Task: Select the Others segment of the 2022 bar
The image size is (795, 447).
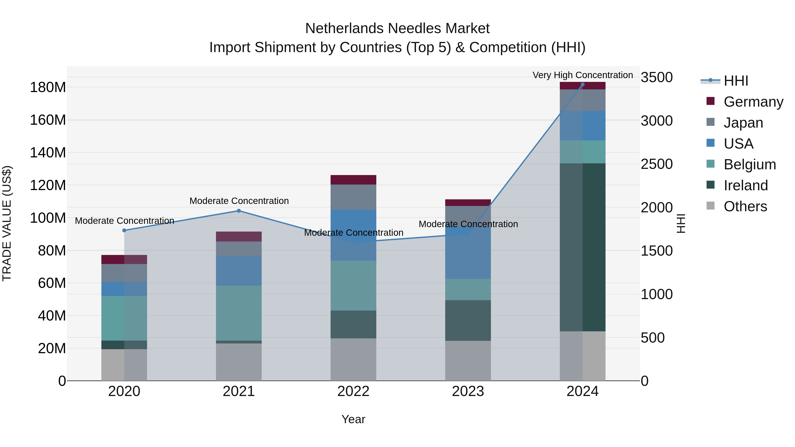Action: (353, 359)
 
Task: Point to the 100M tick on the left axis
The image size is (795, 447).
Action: (48, 218)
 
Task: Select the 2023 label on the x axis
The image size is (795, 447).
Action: (468, 391)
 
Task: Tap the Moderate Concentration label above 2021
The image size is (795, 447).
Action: (239, 201)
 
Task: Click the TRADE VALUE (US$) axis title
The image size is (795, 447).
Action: (7, 223)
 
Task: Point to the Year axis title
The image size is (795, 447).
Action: (353, 419)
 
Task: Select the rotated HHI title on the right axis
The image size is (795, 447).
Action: (681, 223)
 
